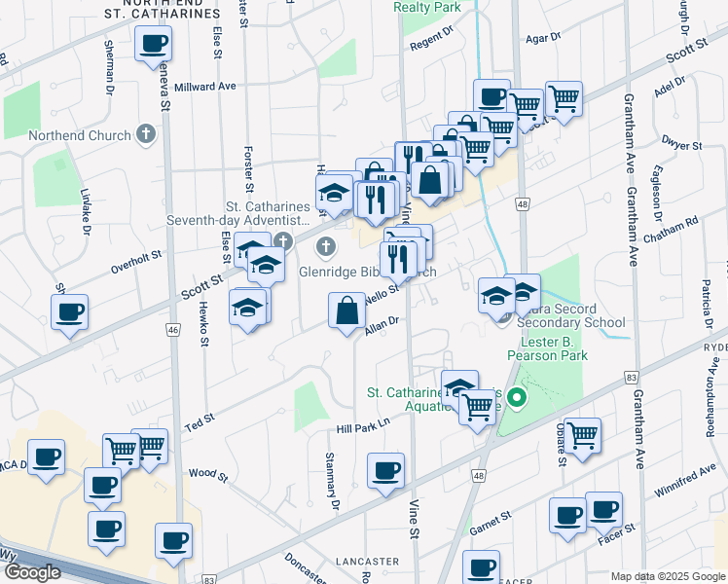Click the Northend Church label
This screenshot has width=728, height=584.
(x=80, y=135)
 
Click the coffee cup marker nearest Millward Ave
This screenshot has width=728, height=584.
(x=155, y=45)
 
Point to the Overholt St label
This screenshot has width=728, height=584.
(x=135, y=258)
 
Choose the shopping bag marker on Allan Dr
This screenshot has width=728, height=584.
(x=347, y=311)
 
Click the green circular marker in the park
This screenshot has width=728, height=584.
(x=518, y=398)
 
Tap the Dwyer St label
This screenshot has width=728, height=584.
(x=681, y=146)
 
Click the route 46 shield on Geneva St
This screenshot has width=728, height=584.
(x=173, y=331)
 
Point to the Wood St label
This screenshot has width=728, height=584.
(x=208, y=476)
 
